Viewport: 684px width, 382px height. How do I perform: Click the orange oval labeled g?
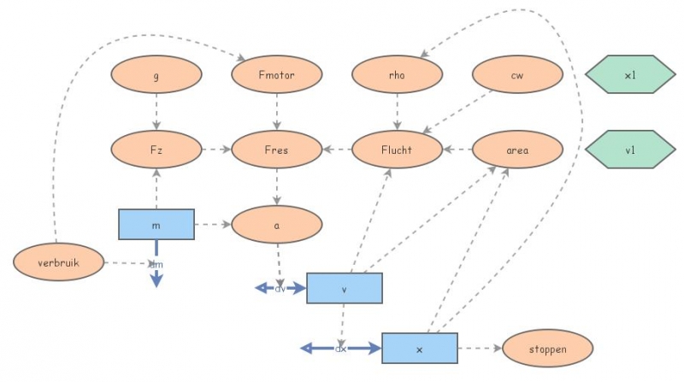click(x=156, y=75)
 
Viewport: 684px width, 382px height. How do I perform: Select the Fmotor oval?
click(x=276, y=75)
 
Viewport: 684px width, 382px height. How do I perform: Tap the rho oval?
click(x=397, y=75)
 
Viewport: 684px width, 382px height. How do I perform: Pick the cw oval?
click(x=517, y=75)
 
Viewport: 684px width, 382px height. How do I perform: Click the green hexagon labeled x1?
click(x=630, y=75)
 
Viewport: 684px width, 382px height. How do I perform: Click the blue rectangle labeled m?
click(x=156, y=224)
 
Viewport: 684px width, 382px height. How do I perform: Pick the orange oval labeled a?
click(x=276, y=224)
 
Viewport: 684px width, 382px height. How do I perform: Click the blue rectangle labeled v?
click(x=344, y=289)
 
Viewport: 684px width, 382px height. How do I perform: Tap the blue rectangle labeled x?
click(x=419, y=349)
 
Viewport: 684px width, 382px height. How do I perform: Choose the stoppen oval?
click(x=547, y=349)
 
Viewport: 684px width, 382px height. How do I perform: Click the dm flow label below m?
click(x=156, y=265)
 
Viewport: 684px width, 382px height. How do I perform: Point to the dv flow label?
click(x=280, y=289)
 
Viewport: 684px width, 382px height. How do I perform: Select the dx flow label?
click(x=340, y=349)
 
